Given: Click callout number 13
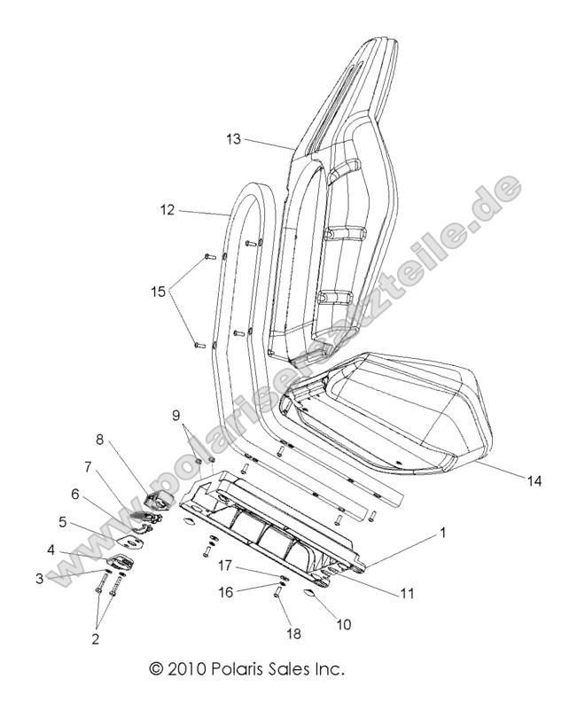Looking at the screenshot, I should coord(233,139).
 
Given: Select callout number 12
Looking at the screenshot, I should coord(168,210).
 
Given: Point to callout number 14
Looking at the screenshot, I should coord(534,481).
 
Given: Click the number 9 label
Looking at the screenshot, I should coord(175,415).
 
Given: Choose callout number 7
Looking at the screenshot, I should coord(88,467).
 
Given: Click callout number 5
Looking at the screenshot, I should coord(64,522).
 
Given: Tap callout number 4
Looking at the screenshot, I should coord(52,550).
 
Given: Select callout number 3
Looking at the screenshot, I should coord(40,579).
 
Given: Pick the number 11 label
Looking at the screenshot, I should coord(408,594).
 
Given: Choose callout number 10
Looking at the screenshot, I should coord(343,624).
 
